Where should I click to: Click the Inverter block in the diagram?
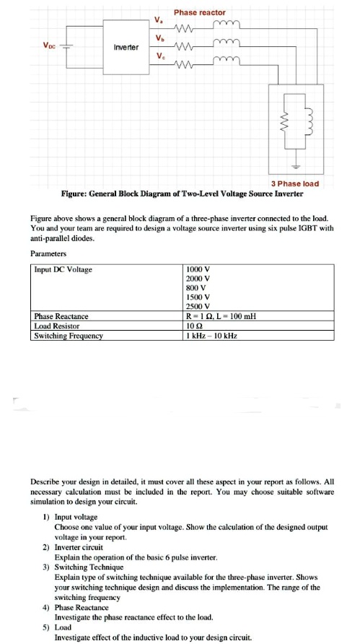(126, 47)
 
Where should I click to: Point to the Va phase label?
(158, 19)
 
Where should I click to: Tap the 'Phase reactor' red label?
(199, 12)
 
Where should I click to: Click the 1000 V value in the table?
(198, 269)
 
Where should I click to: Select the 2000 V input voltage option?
(198, 279)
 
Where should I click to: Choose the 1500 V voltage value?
(198, 297)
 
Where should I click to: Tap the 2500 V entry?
(198, 306)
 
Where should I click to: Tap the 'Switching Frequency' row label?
(69, 335)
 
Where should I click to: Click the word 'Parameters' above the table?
(49, 253)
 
